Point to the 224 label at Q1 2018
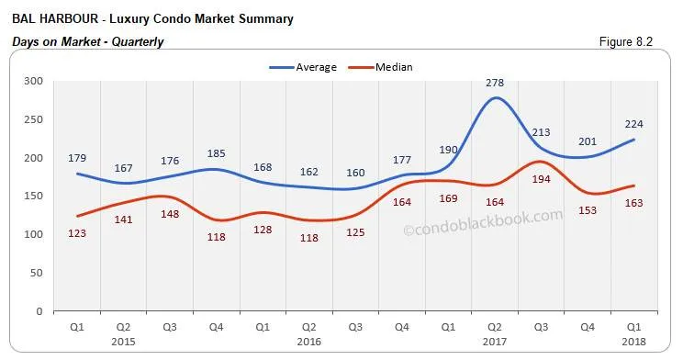[633, 125]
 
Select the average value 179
[77, 159]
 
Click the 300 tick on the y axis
[33, 81]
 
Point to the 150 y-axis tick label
[33, 197]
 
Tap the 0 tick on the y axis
[39, 311]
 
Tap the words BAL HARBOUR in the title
[50, 18]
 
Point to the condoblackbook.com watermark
[482, 223]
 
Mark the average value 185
[216, 153]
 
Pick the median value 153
[587, 210]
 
